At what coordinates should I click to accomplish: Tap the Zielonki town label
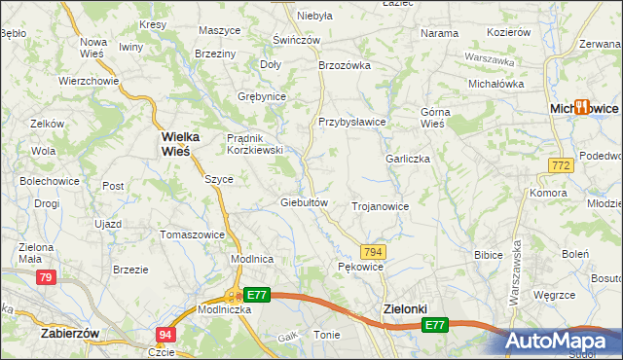click(401, 308)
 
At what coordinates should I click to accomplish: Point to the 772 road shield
click(559, 167)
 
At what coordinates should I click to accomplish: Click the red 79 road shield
click(45, 278)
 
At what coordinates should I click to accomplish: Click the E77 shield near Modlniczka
click(256, 294)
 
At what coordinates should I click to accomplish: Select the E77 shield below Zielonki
click(435, 325)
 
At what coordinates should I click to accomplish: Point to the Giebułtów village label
click(307, 202)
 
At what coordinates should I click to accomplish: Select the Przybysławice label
click(352, 122)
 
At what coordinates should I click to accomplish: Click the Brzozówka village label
click(346, 65)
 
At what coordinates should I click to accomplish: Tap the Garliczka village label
click(408, 159)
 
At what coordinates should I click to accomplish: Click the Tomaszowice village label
click(193, 234)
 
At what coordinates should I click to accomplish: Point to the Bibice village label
click(487, 255)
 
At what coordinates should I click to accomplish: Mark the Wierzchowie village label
click(89, 81)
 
